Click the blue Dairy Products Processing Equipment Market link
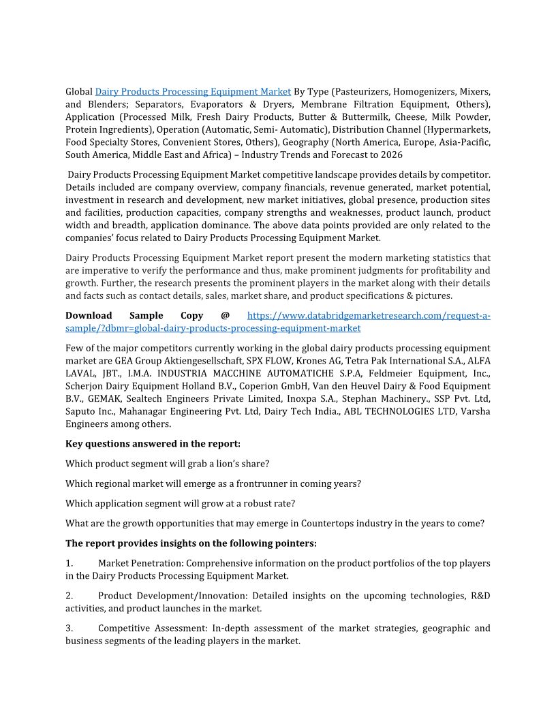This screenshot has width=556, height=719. (193, 91)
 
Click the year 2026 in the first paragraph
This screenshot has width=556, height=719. (391, 155)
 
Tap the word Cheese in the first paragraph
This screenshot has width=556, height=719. (399, 116)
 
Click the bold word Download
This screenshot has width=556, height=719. (89, 315)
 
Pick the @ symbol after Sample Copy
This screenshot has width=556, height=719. (225, 315)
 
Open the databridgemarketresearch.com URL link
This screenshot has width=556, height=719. (368, 315)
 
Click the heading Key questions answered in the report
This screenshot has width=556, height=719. (153, 444)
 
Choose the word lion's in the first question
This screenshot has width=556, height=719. (234, 464)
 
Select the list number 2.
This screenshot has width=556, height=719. (69, 596)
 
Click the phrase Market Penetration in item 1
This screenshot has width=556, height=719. (140, 564)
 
